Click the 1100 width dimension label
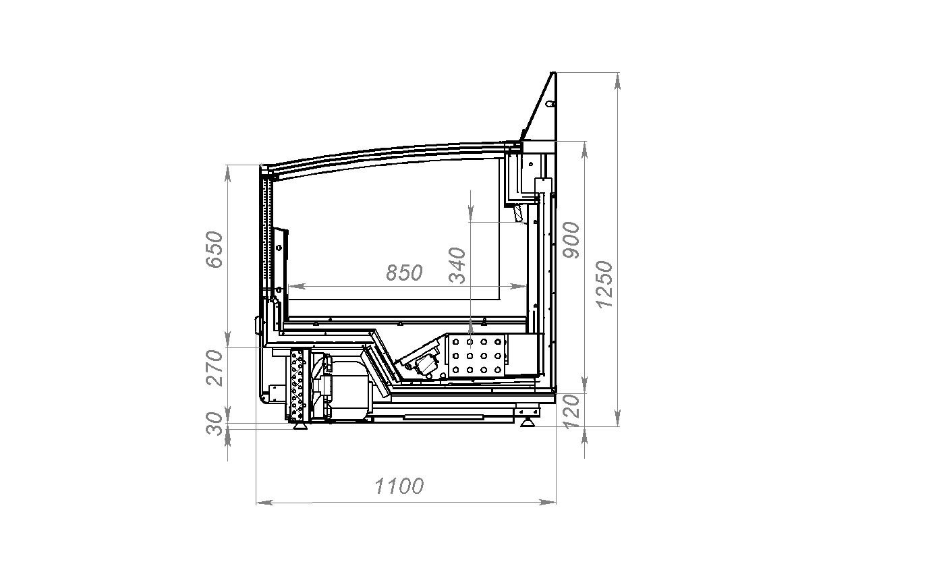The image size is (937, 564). (399, 486)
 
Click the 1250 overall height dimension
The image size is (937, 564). (604, 285)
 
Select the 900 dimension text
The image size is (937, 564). (571, 240)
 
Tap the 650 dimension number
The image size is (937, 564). (215, 250)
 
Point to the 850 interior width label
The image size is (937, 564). (404, 273)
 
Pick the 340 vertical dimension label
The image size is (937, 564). (457, 265)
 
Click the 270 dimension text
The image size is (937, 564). (215, 368)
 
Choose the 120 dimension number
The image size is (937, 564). (571, 412)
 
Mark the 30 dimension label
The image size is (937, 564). (215, 424)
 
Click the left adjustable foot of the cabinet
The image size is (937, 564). (300, 426)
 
